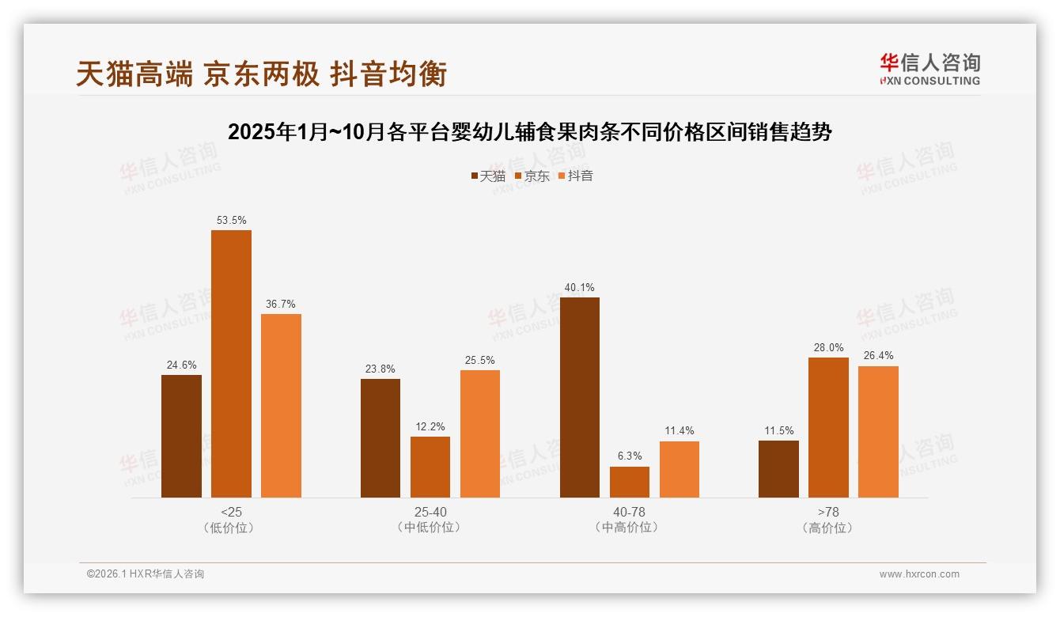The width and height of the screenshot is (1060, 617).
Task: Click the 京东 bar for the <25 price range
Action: (231, 364)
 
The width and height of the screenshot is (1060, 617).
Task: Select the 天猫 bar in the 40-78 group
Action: (580, 397)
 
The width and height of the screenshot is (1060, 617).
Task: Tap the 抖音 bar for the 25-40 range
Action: (480, 433)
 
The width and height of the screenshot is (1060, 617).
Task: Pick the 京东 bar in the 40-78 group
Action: (630, 482)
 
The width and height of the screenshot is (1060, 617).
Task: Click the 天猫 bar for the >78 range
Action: (778, 469)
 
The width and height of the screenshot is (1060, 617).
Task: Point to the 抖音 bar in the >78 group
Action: (878, 432)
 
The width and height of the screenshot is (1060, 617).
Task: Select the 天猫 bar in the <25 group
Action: (181, 436)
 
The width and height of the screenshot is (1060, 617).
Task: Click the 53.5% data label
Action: (231, 221)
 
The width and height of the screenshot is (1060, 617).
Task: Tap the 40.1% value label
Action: (580, 288)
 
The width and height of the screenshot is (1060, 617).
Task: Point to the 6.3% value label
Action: (630, 456)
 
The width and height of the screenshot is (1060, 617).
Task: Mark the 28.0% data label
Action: (828, 348)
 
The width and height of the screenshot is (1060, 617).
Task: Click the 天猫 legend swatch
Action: (474, 176)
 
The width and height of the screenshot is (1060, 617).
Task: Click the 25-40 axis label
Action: (430, 512)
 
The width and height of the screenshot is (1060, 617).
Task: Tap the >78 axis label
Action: (828, 512)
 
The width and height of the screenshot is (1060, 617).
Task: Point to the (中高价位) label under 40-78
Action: (629, 528)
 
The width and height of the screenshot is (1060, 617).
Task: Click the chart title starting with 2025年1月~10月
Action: (529, 132)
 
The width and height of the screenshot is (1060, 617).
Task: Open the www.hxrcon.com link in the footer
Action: (919, 574)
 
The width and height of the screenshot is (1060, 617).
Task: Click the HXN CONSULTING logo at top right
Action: (929, 69)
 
